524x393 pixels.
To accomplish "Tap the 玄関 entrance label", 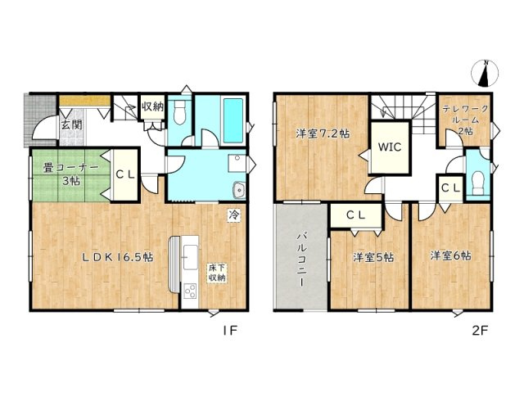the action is coord(71,125).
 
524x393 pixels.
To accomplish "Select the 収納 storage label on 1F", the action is coord(153,107).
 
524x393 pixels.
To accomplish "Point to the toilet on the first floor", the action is coord(179,113).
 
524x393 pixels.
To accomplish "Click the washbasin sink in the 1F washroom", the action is coord(239,190).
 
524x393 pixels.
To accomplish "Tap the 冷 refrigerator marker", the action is coord(233,215).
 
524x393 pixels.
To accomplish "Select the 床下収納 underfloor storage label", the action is coord(217,273).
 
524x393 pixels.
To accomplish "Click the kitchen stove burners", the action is coord(190,290).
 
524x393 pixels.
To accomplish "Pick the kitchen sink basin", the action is coord(190,257).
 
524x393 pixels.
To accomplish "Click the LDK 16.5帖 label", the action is coord(118,256).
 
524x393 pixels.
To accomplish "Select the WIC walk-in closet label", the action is coord(390,147).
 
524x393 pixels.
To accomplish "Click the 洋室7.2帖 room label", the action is coord(323,133).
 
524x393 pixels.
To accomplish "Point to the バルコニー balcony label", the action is coord(301,259).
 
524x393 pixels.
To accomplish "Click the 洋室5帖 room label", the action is coord(373,257).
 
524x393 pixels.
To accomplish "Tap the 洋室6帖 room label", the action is coord(451,255).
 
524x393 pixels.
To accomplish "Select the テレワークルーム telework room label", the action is coord(466,120).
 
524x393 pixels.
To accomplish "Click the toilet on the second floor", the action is coord(477,183).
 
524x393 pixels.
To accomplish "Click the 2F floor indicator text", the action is coord(481,331).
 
